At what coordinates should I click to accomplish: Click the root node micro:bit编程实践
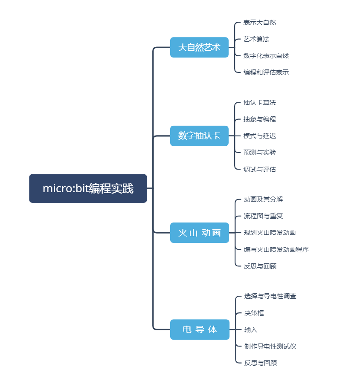(x=88, y=188)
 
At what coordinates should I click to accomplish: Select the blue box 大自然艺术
(x=199, y=47)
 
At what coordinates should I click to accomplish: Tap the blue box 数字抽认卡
(x=199, y=136)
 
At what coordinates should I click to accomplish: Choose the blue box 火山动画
(x=200, y=233)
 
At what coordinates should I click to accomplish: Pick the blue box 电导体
(x=200, y=329)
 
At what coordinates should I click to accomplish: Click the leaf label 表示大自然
(x=260, y=23)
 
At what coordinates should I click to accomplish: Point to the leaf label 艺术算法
(x=256, y=39)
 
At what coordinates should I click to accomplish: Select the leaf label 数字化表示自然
(x=266, y=56)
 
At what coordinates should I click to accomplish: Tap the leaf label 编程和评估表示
(x=266, y=72)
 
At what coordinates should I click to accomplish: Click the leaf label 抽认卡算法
(x=260, y=103)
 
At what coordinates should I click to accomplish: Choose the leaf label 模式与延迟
(x=260, y=136)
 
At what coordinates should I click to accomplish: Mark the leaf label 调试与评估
(x=260, y=170)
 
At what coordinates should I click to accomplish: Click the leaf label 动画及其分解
(x=264, y=199)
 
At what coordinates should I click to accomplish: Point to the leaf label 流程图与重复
(x=264, y=216)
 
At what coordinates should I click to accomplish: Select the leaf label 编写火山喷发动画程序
(x=276, y=250)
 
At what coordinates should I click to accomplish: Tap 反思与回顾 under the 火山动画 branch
(x=260, y=266)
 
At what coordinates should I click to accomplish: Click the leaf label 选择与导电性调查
(x=270, y=296)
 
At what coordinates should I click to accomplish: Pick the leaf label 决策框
(x=254, y=313)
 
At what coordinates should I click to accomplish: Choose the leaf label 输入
(x=251, y=330)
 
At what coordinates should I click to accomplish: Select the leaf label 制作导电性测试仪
(x=270, y=346)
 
